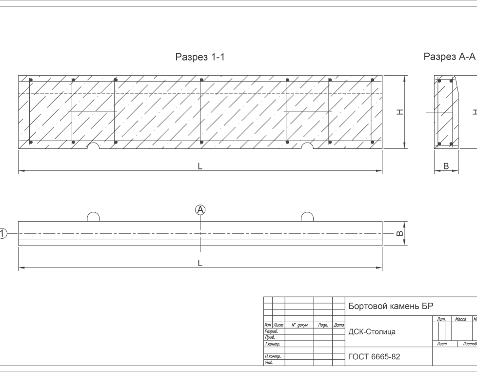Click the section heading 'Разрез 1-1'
click(x=200, y=57)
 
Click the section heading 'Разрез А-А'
click(x=449, y=57)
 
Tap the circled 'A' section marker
click(x=200, y=210)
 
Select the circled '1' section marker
click(x=3, y=233)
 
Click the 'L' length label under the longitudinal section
click(x=200, y=166)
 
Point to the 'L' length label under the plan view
click(x=200, y=264)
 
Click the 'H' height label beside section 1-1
click(x=400, y=112)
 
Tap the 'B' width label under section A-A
click(x=446, y=166)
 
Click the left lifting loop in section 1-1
click(x=93, y=146)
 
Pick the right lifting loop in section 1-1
click(x=307, y=146)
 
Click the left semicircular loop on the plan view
click(x=93, y=217)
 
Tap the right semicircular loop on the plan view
click(x=307, y=217)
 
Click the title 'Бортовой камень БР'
click(x=391, y=307)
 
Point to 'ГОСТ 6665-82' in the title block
click(x=374, y=357)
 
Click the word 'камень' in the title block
click(x=405, y=307)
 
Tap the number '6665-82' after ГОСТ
click(x=386, y=357)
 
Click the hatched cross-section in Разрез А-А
click(x=444, y=112)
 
